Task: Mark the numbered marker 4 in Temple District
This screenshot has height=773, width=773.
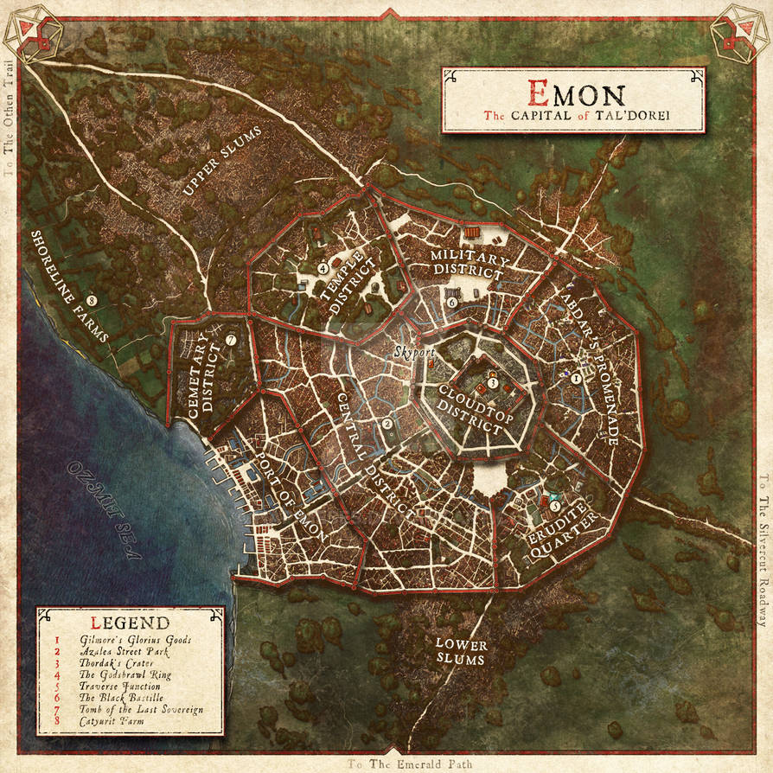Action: coord(323,269)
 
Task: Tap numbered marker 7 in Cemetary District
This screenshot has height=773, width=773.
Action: coord(230,340)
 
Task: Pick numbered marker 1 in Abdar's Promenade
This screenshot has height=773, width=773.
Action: coord(576,377)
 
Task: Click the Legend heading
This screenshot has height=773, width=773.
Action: coord(129,622)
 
